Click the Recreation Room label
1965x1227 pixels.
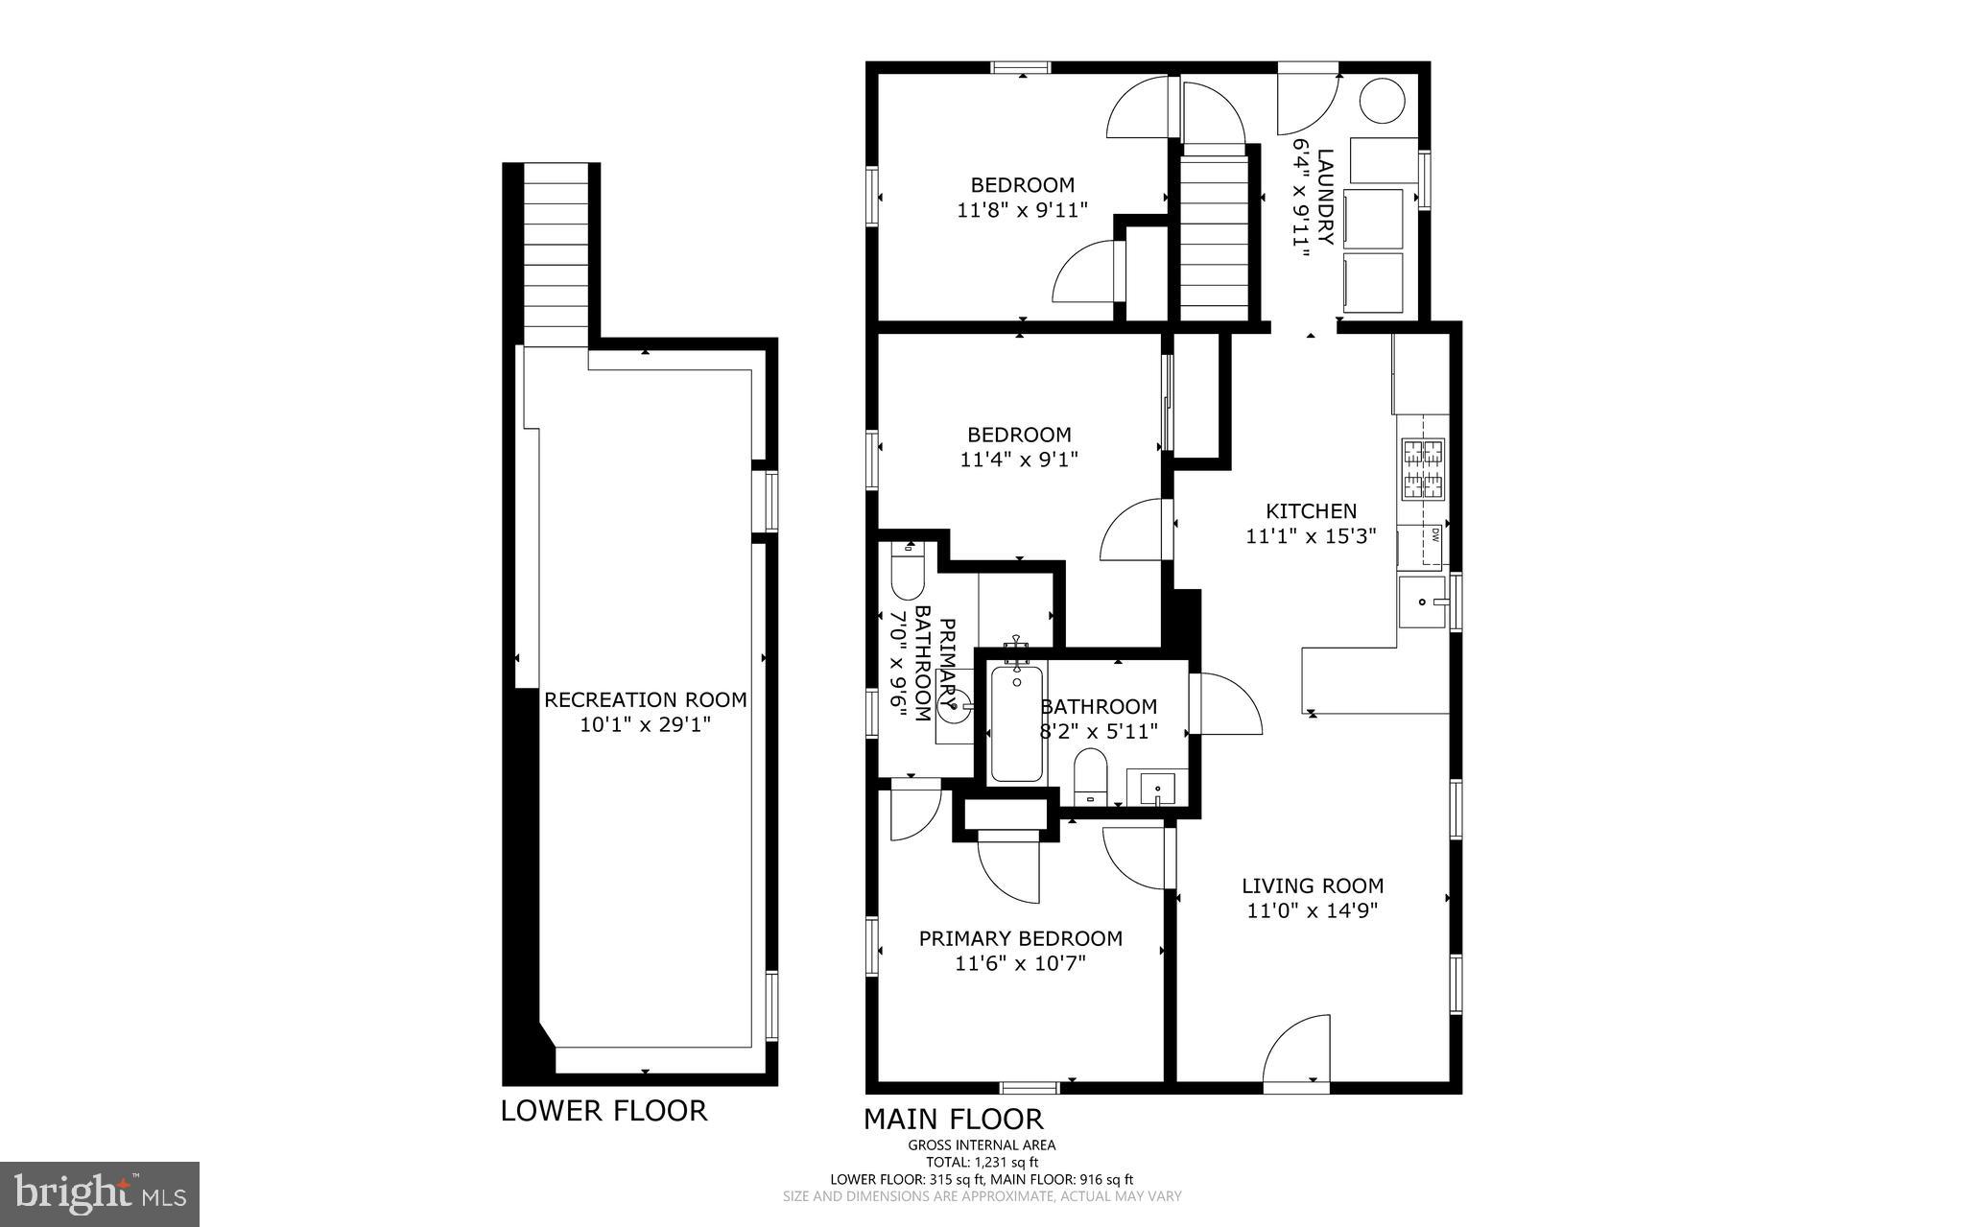click(x=645, y=699)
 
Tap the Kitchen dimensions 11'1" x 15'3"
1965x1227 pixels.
click(x=1311, y=536)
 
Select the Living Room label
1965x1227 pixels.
click(x=1312, y=885)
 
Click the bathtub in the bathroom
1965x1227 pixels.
click(x=1016, y=723)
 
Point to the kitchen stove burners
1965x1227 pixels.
click(x=1424, y=468)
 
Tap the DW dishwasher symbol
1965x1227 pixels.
click(x=1434, y=535)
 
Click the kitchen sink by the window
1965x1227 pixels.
click(x=1421, y=602)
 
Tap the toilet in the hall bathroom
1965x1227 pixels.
click(x=1090, y=775)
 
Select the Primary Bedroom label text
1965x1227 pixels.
click(x=1020, y=938)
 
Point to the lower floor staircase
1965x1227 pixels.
click(x=556, y=254)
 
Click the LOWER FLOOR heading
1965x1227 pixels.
click(x=604, y=1110)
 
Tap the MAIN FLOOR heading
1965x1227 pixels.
click(x=953, y=1119)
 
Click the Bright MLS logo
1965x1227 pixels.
click(x=100, y=1193)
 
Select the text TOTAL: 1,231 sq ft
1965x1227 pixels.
click(x=982, y=1162)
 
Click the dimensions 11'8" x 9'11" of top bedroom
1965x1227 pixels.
click(x=1022, y=210)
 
